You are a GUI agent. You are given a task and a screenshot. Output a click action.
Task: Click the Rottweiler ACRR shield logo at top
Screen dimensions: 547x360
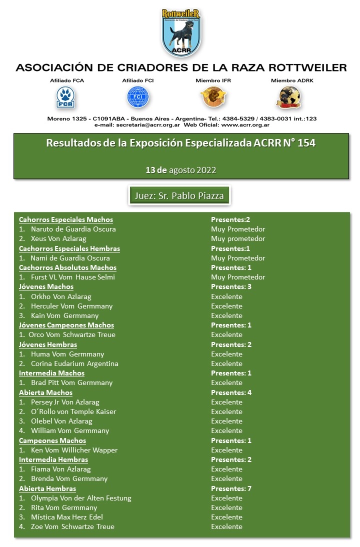pyautogui.click(x=180, y=32)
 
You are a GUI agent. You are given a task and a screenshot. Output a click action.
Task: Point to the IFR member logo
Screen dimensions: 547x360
pyautogui.click(x=213, y=97)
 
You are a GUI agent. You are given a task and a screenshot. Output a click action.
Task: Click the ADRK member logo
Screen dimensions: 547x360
pyautogui.click(x=289, y=97)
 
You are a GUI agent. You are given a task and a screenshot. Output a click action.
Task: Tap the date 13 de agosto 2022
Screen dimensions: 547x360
pyautogui.click(x=180, y=170)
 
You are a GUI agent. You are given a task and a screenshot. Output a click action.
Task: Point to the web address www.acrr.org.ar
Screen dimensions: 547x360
pyautogui.click(x=241, y=124)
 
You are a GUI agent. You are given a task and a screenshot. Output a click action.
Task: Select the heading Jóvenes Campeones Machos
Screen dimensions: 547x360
pyautogui.click(x=66, y=325)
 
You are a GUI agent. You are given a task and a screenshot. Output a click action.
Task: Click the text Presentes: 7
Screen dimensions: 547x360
pyautogui.click(x=231, y=488)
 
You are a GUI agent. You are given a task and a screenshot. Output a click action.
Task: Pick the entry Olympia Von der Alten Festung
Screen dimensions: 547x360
pyautogui.click(x=81, y=498)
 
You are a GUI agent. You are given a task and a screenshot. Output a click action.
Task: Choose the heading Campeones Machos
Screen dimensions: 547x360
pyautogui.click(x=52, y=440)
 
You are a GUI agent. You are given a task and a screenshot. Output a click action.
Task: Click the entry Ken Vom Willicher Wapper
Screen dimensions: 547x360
pyautogui.click(x=74, y=450)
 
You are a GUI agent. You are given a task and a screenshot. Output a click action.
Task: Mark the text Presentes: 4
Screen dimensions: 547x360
pyautogui.click(x=231, y=392)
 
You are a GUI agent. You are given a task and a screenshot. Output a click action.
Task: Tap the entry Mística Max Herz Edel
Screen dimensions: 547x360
pyautogui.click(x=67, y=517)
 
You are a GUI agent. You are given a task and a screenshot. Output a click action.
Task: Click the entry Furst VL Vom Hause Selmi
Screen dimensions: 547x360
pyautogui.click(x=72, y=277)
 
